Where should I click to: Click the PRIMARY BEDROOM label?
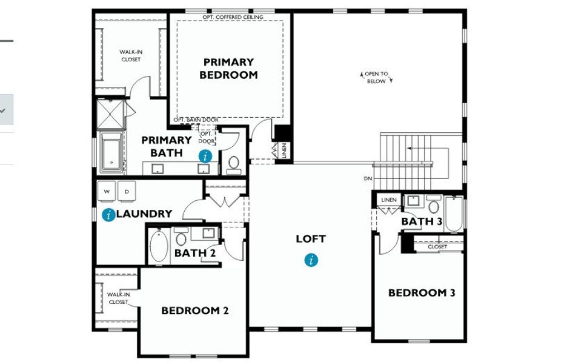pos(228,69)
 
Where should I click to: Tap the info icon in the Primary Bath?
pos(206,156)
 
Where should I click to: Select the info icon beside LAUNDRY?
pos(109,214)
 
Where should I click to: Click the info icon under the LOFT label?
pos(311,260)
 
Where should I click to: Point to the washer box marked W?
pos(107,190)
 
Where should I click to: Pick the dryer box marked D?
pos(127,190)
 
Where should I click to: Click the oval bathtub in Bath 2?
pos(158,246)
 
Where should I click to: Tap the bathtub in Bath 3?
pos(454,214)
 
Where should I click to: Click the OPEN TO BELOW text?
pos(376,78)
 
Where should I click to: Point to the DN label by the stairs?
pos(368,179)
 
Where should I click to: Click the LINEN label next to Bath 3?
pos(388,200)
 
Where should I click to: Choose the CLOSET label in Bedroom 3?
pos(437,247)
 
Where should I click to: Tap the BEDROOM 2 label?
pos(194,311)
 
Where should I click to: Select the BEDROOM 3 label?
pos(422,292)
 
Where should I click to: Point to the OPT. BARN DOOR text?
pos(196,120)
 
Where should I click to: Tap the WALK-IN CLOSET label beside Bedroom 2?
pos(118,298)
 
